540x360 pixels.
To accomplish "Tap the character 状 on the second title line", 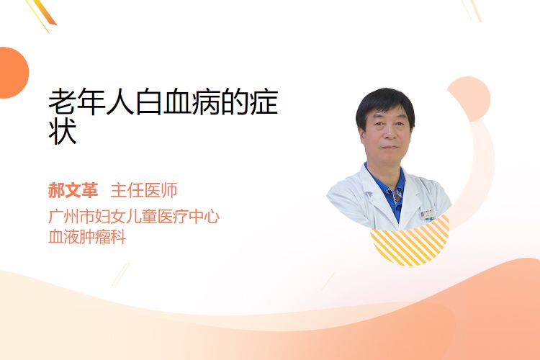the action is (63, 131).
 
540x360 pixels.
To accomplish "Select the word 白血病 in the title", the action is (178, 102).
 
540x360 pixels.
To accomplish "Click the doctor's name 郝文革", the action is (73, 190).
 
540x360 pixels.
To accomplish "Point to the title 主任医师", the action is (144, 190).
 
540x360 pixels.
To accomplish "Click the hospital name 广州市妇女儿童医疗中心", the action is (134, 217).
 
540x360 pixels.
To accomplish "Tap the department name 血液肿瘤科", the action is (87, 237).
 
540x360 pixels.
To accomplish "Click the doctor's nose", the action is (389, 132).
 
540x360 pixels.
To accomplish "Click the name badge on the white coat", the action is (428, 214).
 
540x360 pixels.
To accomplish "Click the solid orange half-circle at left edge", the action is (13, 73).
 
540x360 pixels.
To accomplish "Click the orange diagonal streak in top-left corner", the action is (42, 14).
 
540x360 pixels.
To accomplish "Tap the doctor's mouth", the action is (390, 147).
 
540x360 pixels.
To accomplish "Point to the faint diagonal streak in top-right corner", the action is (472, 9).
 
